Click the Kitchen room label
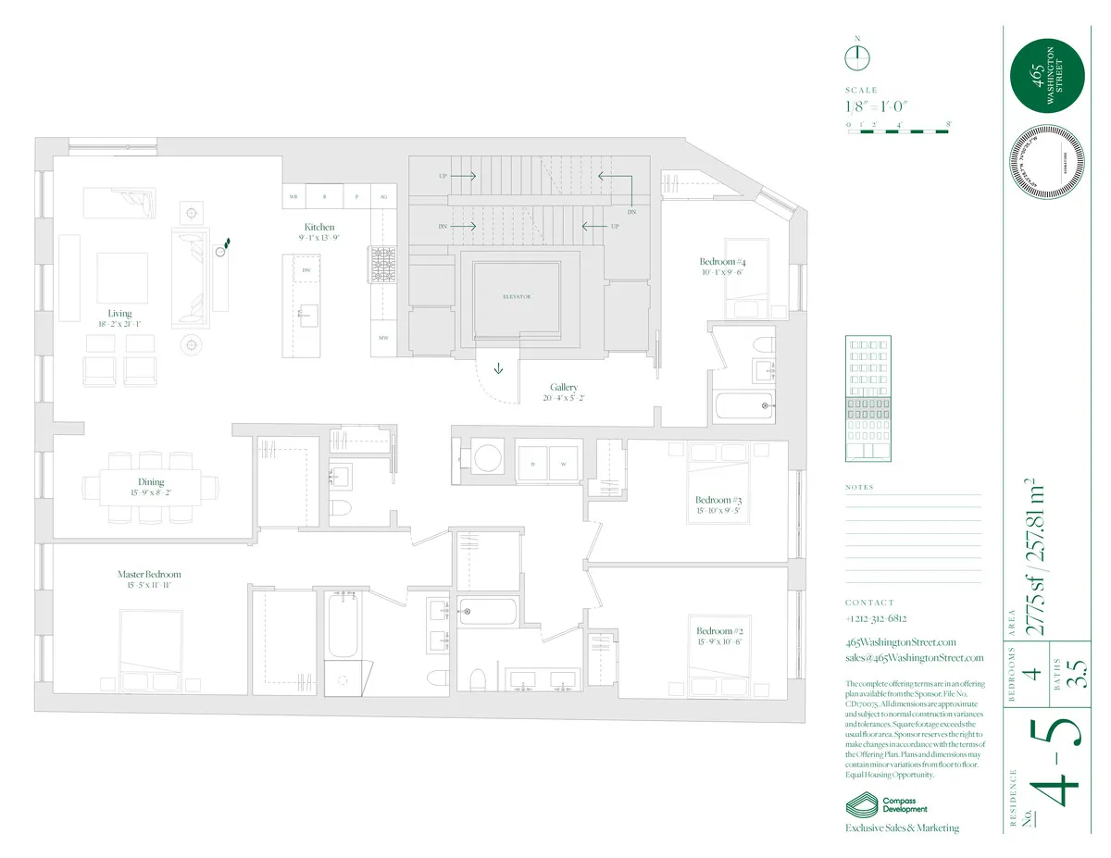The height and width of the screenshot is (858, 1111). coord(319,227)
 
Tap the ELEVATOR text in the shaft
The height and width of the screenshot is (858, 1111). coord(517,296)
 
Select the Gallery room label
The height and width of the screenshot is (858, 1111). coord(564,388)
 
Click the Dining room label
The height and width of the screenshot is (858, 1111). coord(151,482)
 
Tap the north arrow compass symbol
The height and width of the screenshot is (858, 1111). coord(857,57)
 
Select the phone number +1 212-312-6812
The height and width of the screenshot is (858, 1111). coord(875,618)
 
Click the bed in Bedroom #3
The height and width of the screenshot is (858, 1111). coord(717,482)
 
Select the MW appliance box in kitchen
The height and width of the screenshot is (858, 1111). coord(382,338)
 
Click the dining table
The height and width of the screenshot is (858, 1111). coord(151,486)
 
